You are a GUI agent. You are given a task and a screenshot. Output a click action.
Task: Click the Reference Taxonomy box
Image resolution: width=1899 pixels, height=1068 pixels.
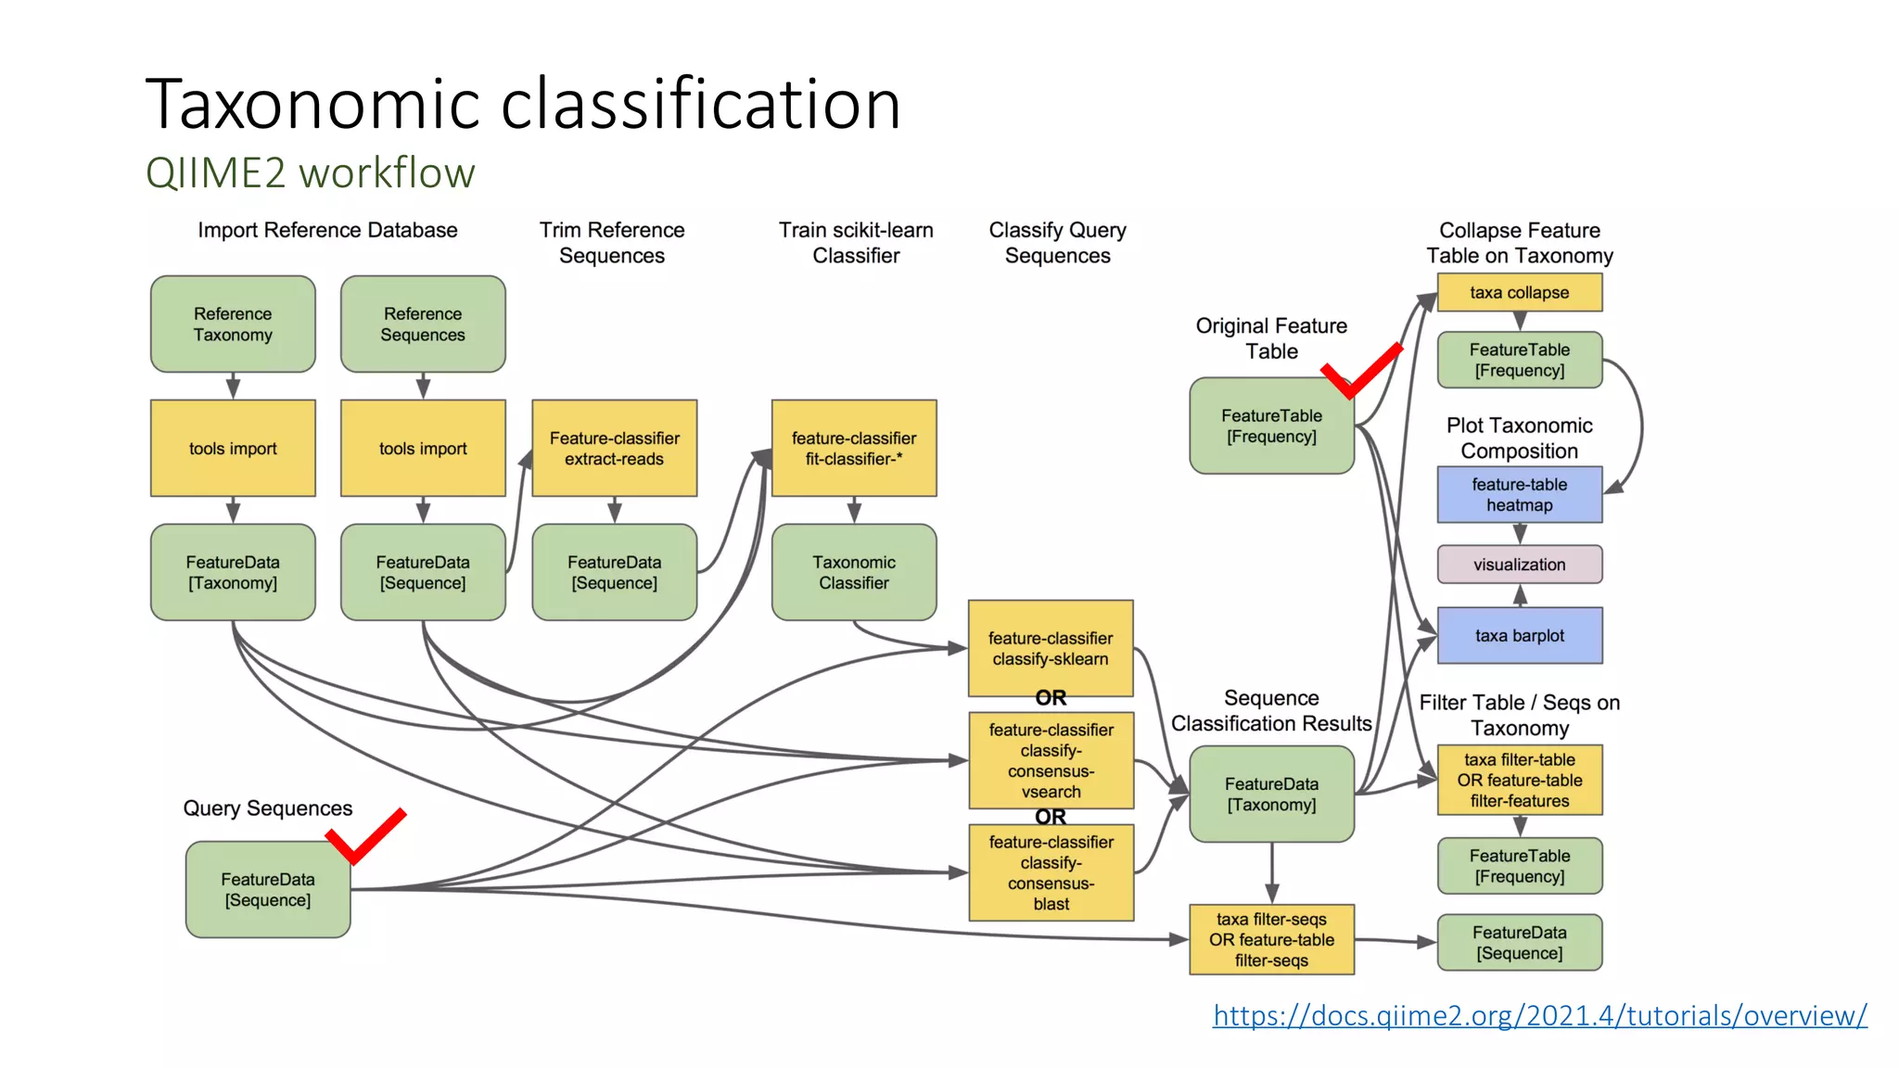tap(233, 324)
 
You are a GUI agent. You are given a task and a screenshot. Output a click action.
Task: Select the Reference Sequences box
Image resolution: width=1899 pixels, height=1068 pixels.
tap(423, 324)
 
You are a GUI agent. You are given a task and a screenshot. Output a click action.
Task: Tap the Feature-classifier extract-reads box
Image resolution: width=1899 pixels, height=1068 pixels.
tap(614, 449)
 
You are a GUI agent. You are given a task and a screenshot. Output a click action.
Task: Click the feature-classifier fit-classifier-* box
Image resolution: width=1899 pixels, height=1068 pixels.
tap(854, 449)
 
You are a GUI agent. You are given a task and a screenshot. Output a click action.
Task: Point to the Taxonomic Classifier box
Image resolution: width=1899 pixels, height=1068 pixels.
tap(854, 573)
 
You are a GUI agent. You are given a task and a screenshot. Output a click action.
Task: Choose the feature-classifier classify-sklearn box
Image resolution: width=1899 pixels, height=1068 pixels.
tap(1051, 648)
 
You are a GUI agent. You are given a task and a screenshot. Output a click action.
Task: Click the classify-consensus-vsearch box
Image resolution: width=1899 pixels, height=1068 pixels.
tap(1051, 760)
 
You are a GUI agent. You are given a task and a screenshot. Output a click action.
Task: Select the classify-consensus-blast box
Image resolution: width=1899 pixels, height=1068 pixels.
tap(1051, 872)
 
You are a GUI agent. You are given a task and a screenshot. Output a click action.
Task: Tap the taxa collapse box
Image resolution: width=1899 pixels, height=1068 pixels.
tap(1519, 293)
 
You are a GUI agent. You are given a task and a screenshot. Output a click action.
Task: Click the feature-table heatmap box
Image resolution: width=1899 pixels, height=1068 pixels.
tap(1519, 495)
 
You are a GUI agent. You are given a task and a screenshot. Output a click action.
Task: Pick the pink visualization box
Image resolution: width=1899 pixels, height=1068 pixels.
tap(1519, 565)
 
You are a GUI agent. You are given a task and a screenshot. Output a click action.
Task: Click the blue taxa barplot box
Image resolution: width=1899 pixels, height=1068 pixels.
tap(1519, 636)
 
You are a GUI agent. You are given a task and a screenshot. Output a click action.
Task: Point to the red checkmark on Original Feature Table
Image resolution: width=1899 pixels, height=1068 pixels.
tap(1361, 372)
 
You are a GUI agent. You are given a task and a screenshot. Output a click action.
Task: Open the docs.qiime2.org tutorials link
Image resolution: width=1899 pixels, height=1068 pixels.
tap(1539, 1016)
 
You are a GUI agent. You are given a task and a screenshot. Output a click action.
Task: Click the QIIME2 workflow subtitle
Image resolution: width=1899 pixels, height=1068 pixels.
tap(310, 173)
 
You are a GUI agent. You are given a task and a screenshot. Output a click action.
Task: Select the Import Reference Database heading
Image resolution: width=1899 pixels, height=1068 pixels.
tap(327, 230)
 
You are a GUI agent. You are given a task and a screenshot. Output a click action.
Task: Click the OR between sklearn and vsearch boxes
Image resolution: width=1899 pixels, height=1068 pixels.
tap(1051, 698)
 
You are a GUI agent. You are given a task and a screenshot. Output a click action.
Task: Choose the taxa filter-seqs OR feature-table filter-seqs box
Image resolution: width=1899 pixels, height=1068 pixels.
tap(1271, 940)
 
